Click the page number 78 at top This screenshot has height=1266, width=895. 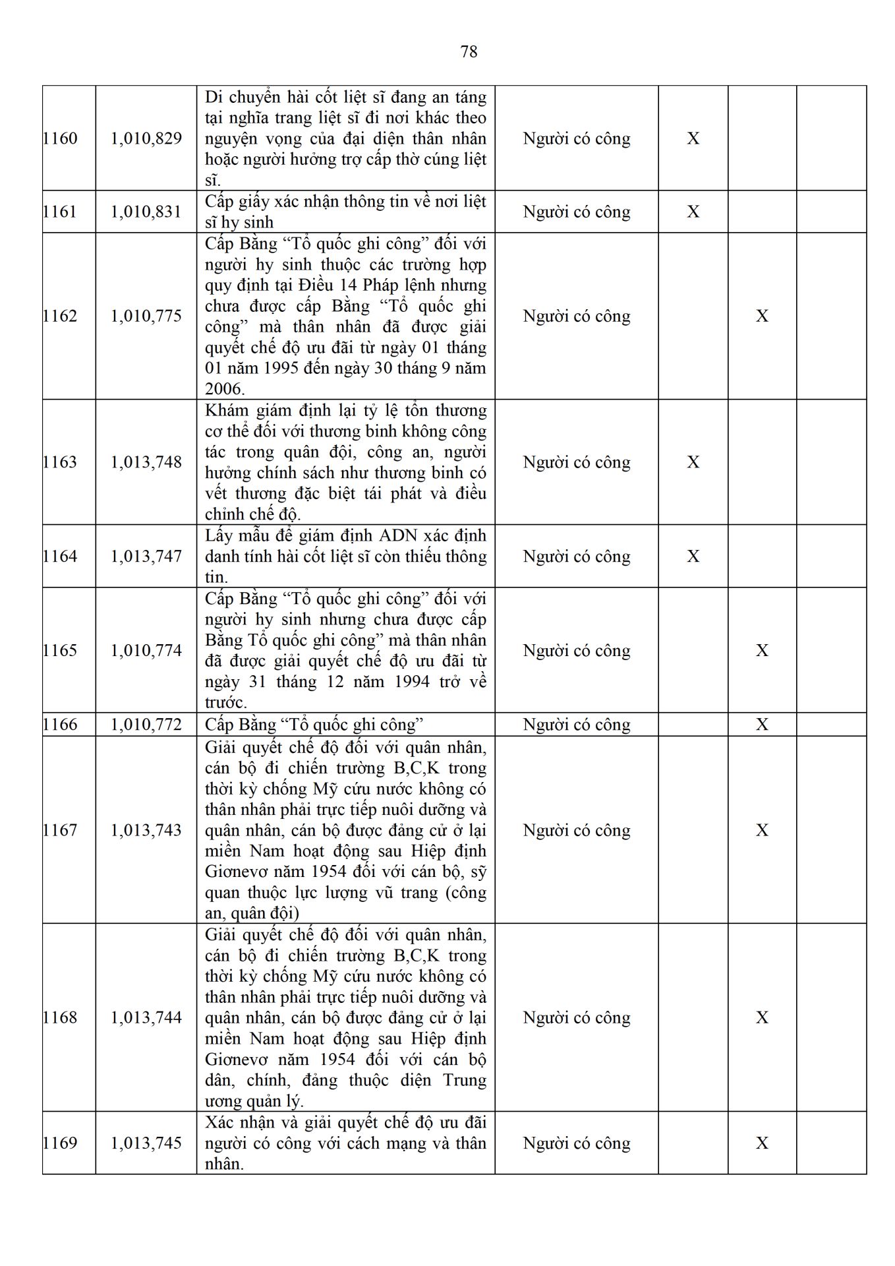[469, 51]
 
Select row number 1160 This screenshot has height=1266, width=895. [60, 138]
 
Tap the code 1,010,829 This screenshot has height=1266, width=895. [146, 138]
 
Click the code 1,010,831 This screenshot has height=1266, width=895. [146, 212]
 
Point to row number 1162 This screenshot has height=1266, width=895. [60, 316]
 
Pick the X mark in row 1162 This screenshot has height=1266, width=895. [762, 316]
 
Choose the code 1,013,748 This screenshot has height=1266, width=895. [146, 462]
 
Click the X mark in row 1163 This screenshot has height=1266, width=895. [693, 462]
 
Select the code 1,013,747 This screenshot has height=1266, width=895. [146, 557]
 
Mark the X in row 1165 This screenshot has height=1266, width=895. [762, 651]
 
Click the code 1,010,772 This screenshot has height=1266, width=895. [146, 725]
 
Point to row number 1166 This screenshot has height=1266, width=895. [60, 725]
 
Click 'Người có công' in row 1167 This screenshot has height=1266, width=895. [577, 830]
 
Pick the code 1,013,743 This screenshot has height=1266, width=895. [146, 830]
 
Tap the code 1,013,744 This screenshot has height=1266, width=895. [146, 1017]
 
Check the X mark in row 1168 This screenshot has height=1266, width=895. [762, 1017]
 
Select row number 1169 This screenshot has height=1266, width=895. [60, 1143]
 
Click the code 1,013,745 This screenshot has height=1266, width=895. [146, 1143]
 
